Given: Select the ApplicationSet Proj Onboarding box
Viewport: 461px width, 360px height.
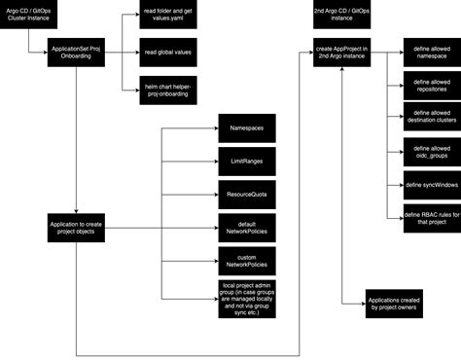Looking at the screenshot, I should click(x=77, y=51).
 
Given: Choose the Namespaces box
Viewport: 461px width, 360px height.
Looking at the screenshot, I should click(x=245, y=127).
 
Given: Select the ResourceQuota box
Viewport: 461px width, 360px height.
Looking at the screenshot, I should click(x=245, y=194).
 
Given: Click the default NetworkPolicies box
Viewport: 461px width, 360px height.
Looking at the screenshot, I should click(x=245, y=228).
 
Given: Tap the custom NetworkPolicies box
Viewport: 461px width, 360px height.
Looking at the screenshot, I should click(x=245, y=262).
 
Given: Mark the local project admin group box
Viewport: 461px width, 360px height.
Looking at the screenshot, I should click(x=245, y=297).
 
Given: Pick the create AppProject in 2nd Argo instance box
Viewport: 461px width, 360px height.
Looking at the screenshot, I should click(x=340, y=51).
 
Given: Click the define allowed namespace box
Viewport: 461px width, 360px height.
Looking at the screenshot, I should click(x=429, y=51).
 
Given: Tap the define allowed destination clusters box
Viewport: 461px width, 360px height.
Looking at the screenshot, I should click(x=429, y=118).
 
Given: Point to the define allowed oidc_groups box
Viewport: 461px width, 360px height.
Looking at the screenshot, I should click(x=429, y=151).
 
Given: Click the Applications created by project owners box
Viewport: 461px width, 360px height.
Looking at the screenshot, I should click(x=393, y=304).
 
